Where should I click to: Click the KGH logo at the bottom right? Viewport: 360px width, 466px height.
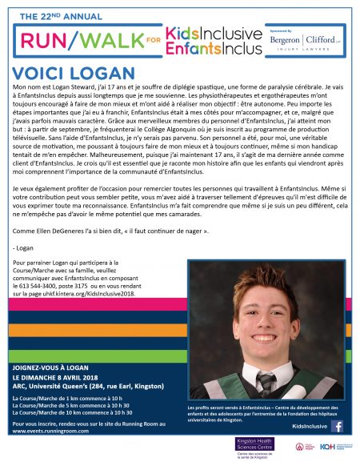(327, 446)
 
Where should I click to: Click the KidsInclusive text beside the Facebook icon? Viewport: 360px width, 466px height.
(307, 426)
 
